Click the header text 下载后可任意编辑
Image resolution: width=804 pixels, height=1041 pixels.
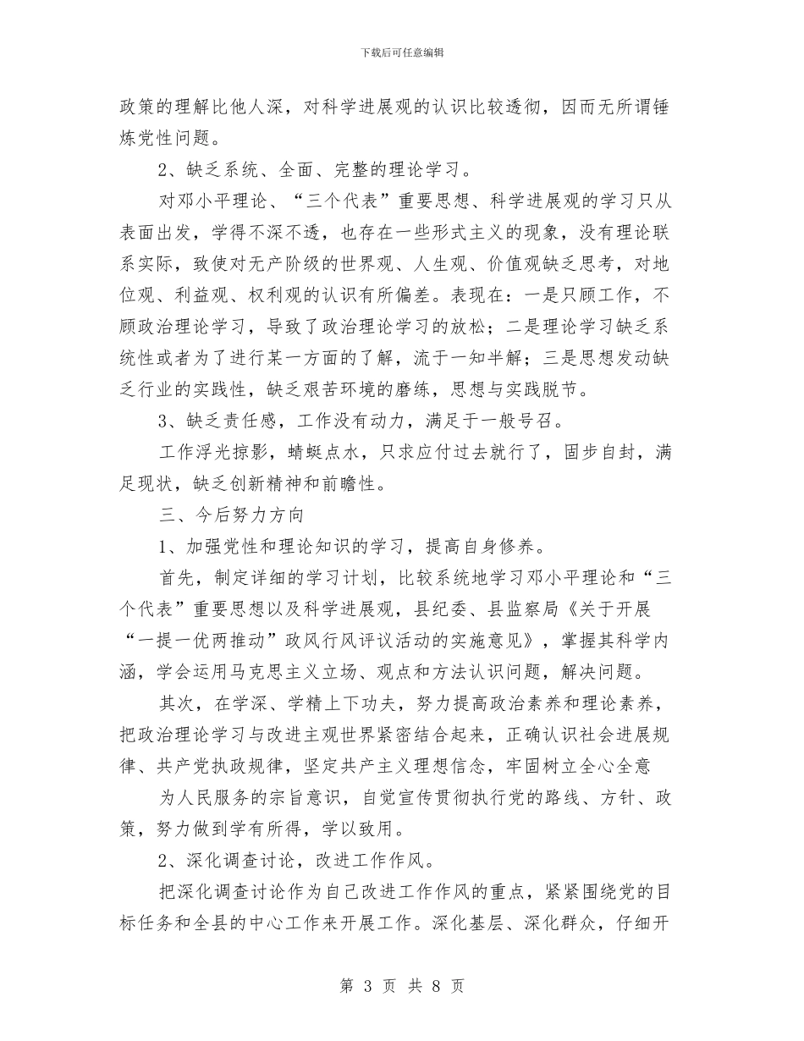[x=402, y=52]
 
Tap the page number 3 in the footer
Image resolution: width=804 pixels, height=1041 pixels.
[x=368, y=986]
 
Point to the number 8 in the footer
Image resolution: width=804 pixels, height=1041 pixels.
[x=434, y=986]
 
